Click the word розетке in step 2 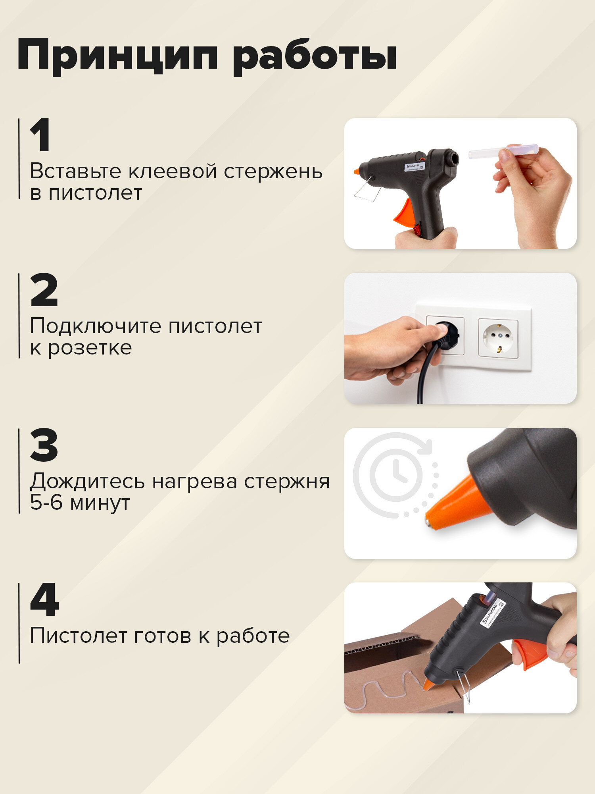tap(90, 348)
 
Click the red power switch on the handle tap(416, 229)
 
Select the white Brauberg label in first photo tap(414, 166)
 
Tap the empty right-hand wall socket tap(498, 338)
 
